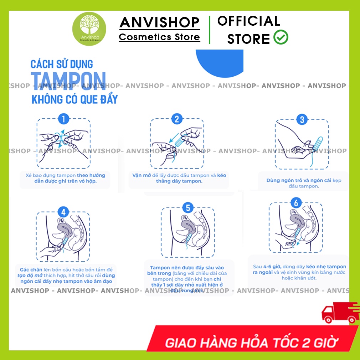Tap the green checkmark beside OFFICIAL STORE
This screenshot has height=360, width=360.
[x=281, y=37]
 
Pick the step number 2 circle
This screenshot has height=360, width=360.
[x=177, y=119]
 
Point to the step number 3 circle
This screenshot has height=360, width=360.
[x=302, y=119]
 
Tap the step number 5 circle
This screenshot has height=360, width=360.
[x=187, y=208]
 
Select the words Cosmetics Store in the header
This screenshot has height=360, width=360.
[x=159, y=37]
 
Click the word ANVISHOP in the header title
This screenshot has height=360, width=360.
[x=159, y=22]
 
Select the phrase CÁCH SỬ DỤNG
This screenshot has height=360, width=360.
[x=62, y=65]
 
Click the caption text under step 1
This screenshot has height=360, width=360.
[x=65, y=178]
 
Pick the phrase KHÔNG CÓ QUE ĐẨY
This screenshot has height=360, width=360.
[x=74, y=99]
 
